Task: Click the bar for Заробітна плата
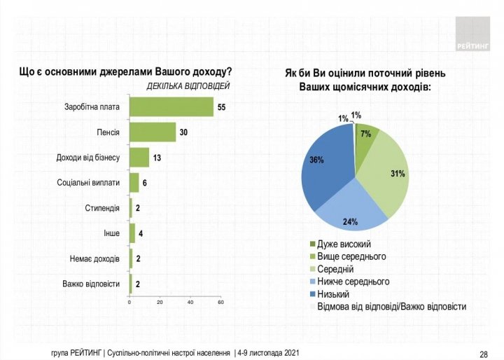click(x=171, y=107)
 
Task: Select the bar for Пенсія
click(x=153, y=132)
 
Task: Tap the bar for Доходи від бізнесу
click(x=139, y=157)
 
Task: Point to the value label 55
click(x=222, y=107)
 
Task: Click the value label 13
click(x=157, y=158)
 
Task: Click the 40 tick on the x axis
click(x=190, y=302)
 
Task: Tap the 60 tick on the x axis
click(x=220, y=302)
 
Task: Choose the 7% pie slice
click(x=366, y=134)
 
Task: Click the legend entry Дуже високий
click(x=344, y=244)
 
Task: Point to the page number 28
click(x=484, y=353)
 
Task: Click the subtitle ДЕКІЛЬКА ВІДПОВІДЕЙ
click(x=188, y=86)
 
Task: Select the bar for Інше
click(x=132, y=233)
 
